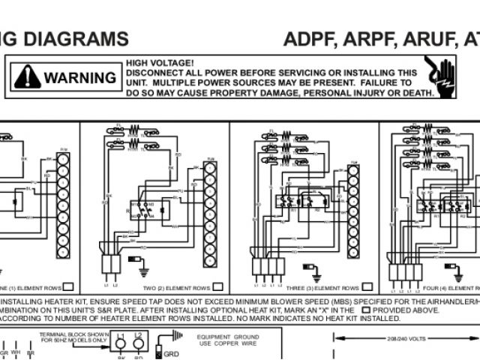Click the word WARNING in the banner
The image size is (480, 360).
click(x=79, y=77)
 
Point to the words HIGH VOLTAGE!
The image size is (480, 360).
click(x=160, y=63)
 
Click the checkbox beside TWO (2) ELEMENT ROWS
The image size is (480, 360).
click(x=218, y=286)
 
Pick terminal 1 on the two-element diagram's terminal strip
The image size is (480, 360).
click(x=210, y=169)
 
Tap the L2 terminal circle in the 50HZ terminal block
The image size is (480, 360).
click(x=139, y=345)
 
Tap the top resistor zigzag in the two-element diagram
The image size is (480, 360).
click(x=135, y=127)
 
